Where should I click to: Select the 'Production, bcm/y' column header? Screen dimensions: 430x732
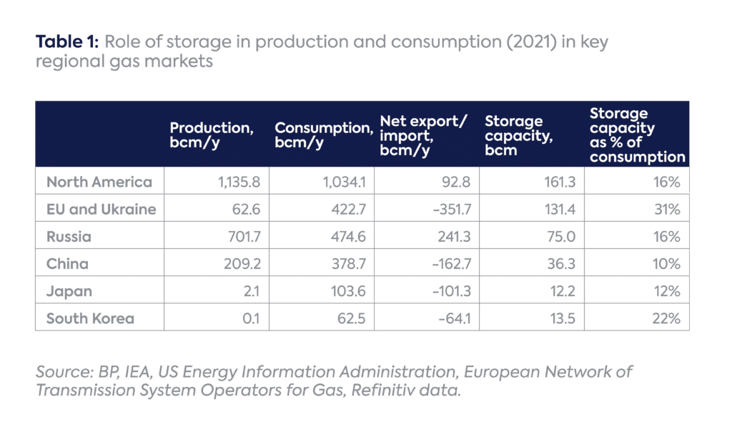[x=212, y=134]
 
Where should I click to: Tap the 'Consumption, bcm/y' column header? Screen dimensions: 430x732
[x=324, y=134]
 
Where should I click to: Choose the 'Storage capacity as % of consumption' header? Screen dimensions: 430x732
[x=637, y=135]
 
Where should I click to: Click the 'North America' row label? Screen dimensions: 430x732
[x=99, y=182]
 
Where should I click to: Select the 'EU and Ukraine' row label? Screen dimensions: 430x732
[x=101, y=210]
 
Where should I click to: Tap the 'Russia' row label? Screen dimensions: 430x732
[x=69, y=237]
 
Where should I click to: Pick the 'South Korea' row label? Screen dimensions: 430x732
[x=90, y=318]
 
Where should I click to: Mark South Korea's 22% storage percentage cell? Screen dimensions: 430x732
[x=666, y=318]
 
